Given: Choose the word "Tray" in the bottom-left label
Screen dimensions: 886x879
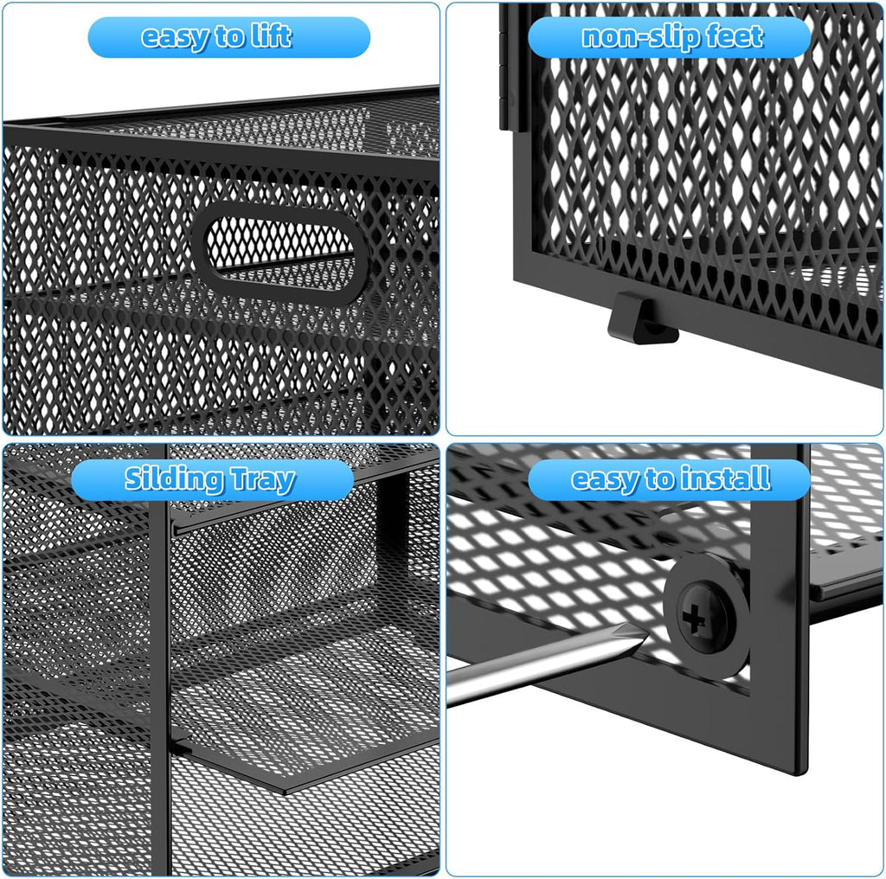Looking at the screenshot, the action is pos(263,480).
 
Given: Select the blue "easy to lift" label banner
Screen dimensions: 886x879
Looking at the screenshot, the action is pos(228,37).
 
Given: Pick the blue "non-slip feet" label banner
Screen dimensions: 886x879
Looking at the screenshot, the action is pos(670,37).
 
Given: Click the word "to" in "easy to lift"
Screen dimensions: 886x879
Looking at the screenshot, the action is pos(228,37).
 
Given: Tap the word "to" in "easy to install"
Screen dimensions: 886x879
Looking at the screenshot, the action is pos(658,479).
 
